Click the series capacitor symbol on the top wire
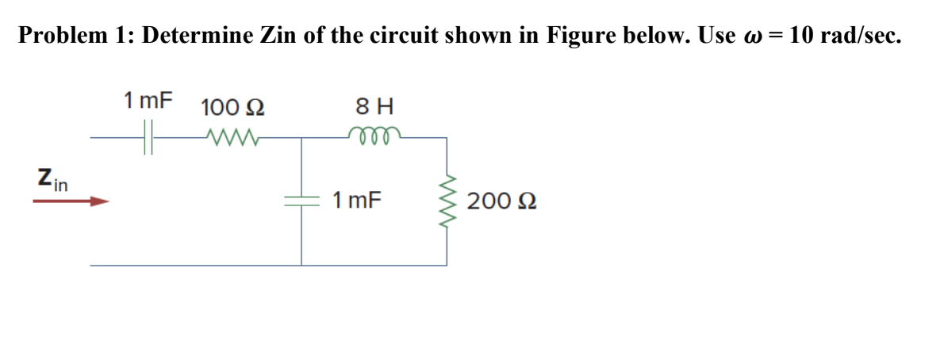tap(148, 137)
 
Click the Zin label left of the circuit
tap(52, 179)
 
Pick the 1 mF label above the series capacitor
tap(148, 101)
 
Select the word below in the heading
tap(650, 36)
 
